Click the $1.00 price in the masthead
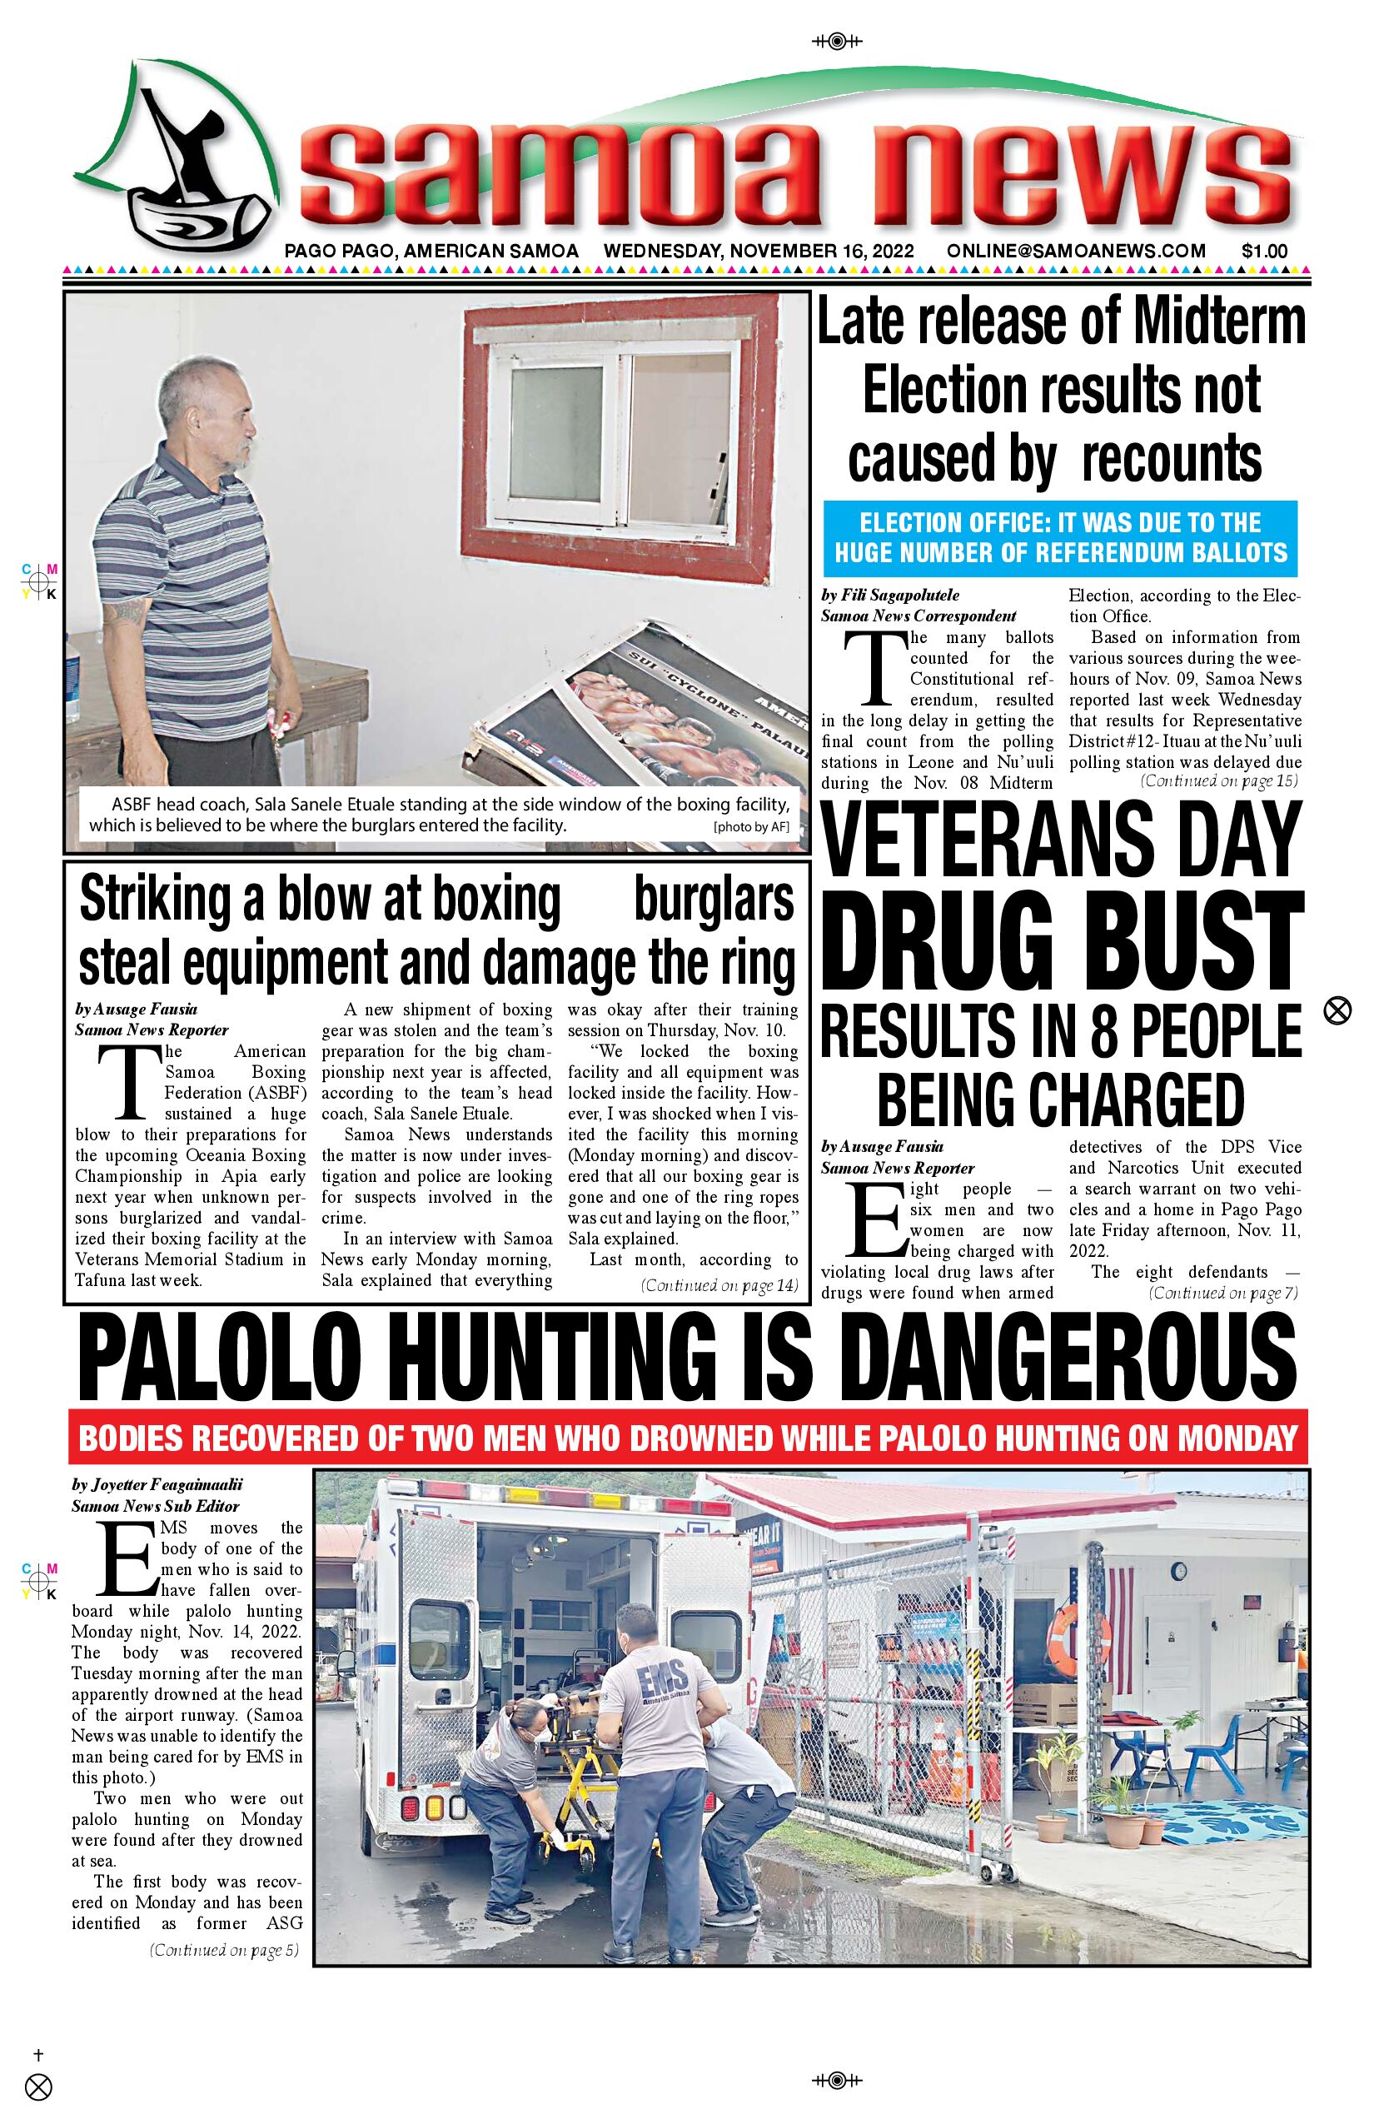click(1264, 252)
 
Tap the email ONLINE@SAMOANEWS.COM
click(1076, 252)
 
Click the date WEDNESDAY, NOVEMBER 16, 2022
click(759, 252)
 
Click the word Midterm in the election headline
click(1235, 323)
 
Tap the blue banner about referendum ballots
click(1060, 538)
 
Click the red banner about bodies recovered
click(687, 1438)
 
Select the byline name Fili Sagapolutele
click(900, 596)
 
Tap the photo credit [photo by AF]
click(751, 826)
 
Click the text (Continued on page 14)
click(719, 1286)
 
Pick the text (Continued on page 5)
click(224, 1950)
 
